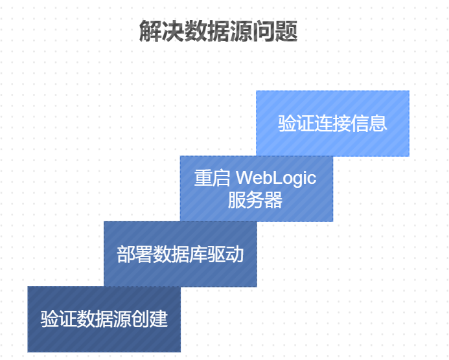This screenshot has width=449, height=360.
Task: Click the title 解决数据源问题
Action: [218, 30]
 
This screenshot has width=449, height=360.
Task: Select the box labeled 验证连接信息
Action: [332, 123]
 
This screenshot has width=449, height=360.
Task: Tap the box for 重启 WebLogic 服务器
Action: [256, 188]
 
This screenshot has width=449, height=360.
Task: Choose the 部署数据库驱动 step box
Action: [180, 254]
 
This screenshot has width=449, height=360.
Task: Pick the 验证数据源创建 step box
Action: [104, 319]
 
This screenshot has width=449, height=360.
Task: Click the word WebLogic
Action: [276, 177]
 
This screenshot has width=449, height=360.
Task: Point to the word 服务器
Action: [255, 200]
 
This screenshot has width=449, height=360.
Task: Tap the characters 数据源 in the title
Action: [218, 30]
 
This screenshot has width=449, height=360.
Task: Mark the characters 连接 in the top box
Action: [332, 123]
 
